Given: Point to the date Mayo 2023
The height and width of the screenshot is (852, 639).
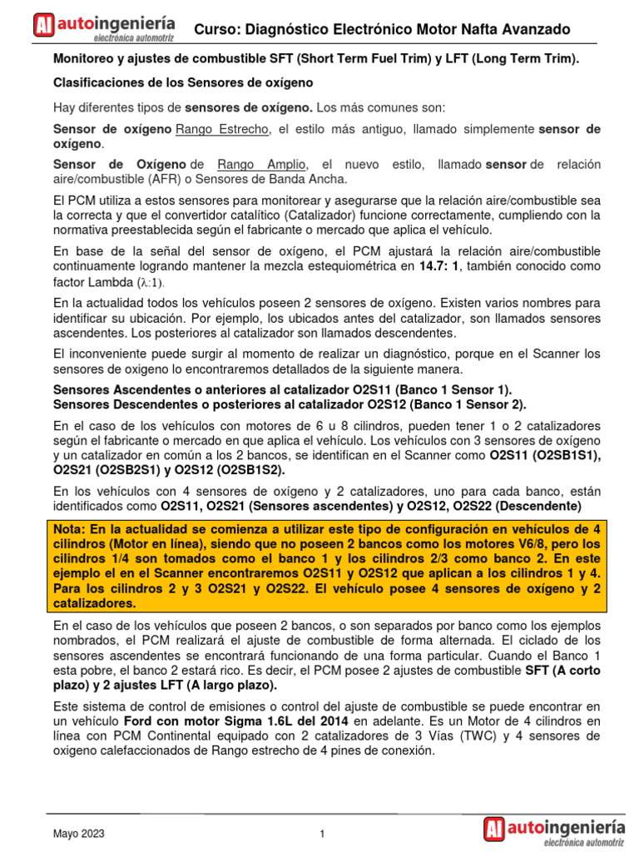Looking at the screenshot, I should point(80,834).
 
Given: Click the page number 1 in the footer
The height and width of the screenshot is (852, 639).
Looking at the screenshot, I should point(321,834).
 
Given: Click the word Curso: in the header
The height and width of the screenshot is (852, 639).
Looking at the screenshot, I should point(216,30).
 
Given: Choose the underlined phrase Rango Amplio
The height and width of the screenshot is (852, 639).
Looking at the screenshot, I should point(262,165).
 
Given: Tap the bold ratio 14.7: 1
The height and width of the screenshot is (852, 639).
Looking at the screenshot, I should point(443,267).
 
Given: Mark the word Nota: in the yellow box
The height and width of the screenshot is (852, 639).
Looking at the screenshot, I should point(72,529).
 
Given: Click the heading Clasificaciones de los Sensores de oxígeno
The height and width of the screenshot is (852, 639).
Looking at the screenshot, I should point(183,83).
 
